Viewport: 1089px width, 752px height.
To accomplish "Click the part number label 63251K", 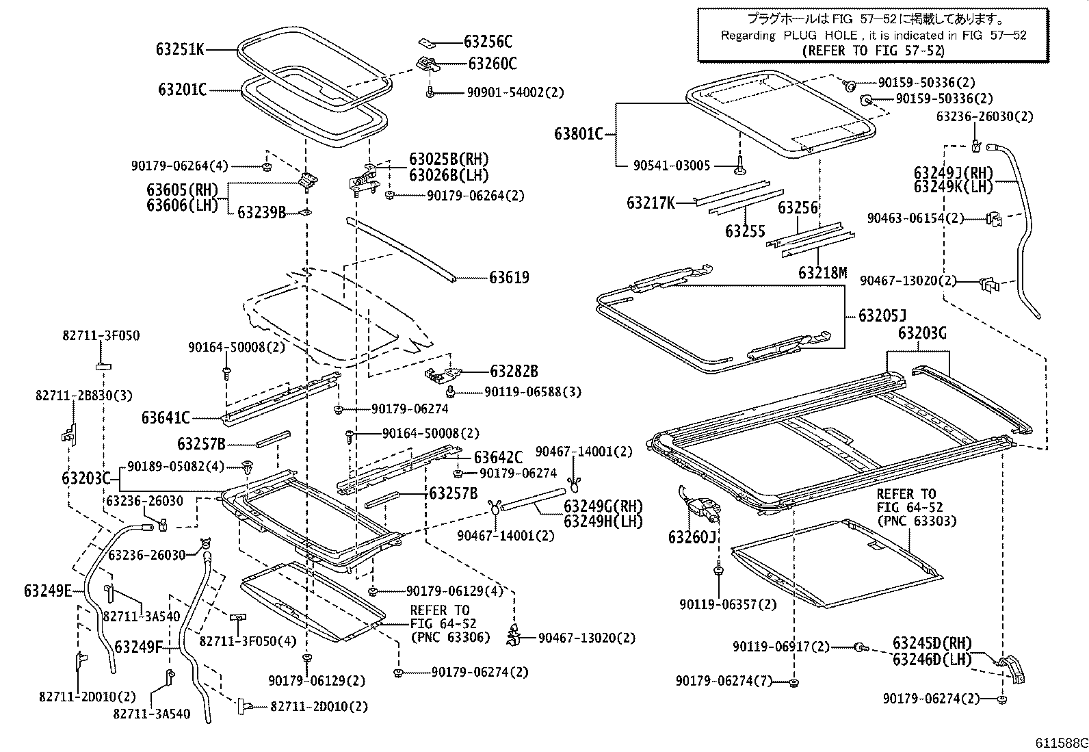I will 180,49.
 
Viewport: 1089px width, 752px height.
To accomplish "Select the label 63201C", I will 182,90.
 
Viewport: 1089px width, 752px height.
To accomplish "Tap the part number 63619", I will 509,278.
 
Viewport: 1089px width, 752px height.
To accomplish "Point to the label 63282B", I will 514,372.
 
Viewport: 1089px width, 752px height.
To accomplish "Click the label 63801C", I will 579,133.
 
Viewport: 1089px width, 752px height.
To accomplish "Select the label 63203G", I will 922,333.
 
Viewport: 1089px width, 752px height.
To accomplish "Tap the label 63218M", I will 822,273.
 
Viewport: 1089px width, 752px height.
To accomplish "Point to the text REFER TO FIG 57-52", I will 873,51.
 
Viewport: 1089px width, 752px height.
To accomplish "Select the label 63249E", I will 47,591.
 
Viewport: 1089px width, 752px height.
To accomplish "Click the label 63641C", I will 166,417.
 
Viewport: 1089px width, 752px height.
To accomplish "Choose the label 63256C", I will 488,42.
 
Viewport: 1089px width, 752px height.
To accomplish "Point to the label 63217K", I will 651,203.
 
